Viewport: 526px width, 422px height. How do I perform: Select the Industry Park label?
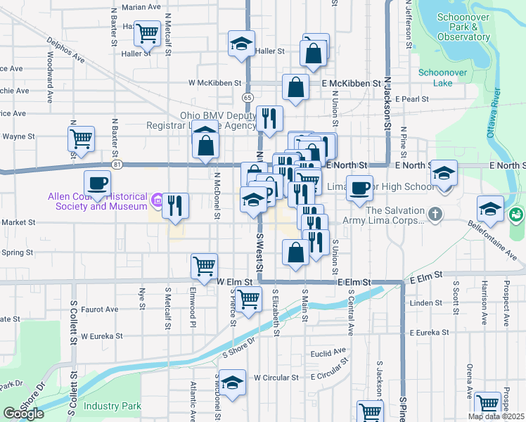pyautogui.click(x=112, y=406)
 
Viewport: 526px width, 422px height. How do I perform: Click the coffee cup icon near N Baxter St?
pyautogui.click(x=98, y=184)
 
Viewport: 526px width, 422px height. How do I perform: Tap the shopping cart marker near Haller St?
pyautogui.click(x=147, y=32)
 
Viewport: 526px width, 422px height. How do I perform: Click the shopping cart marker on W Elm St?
pyautogui.click(x=204, y=266)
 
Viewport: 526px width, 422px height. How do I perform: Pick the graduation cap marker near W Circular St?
pyautogui.click(x=232, y=383)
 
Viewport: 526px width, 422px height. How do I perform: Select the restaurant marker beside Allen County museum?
pyautogui.click(x=175, y=205)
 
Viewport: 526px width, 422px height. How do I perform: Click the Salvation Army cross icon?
pyautogui.click(x=435, y=213)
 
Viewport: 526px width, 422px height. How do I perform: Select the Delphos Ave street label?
pyautogui.click(x=65, y=49)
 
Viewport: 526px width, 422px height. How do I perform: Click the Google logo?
pyautogui.click(x=23, y=413)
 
